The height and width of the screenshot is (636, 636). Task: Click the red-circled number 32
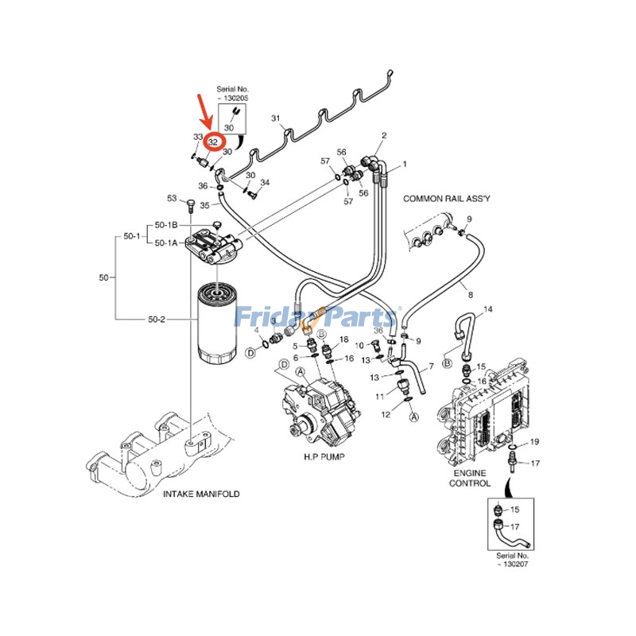click(213, 142)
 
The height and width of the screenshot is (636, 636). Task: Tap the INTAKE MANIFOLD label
click(201, 494)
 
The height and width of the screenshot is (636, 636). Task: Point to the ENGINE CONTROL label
click(470, 477)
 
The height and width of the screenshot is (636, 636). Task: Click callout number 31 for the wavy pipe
click(276, 118)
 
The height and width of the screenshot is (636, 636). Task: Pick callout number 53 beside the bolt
click(171, 198)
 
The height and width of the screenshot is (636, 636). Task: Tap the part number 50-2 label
click(156, 319)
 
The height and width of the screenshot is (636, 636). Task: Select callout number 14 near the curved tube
click(488, 308)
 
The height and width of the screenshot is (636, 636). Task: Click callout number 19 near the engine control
click(535, 441)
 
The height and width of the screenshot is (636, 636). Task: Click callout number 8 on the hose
click(470, 294)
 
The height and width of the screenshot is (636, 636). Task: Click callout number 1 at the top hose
click(403, 164)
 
